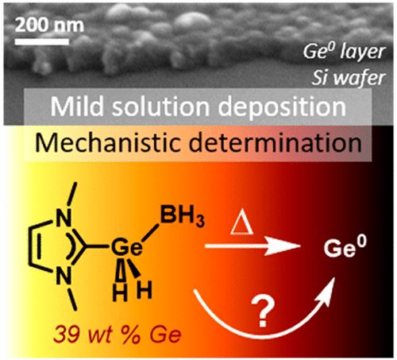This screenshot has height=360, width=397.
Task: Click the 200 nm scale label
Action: coord(49,25)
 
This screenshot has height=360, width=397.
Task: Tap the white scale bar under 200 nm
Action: coord(42,41)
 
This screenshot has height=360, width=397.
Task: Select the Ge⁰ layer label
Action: coord(345,52)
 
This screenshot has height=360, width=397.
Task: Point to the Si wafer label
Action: coord(349,78)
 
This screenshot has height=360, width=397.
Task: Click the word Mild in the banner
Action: coord(76,106)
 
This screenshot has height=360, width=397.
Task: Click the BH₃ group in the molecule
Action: coord(183,219)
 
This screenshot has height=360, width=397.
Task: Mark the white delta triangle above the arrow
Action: coord(241,226)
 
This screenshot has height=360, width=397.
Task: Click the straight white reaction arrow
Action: coord(252,246)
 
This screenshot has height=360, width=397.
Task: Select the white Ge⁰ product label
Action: coord(345,248)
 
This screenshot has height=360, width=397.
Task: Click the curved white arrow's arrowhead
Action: coord(328,288)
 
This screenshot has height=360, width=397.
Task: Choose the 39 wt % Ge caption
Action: coord(117,335)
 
